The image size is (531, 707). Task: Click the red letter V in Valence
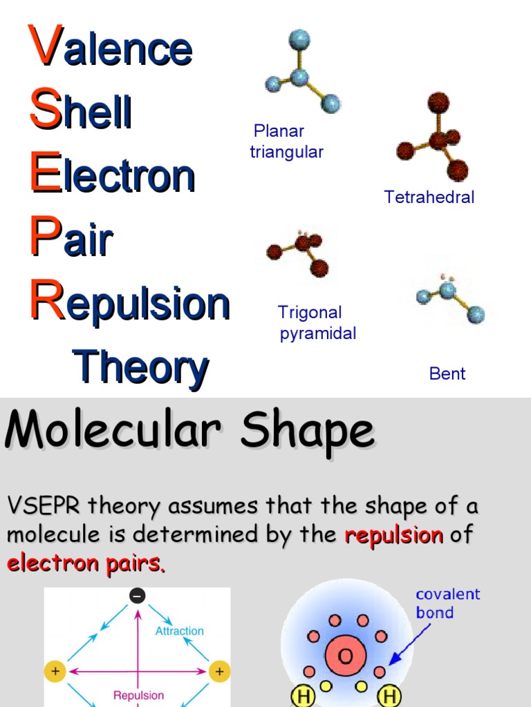pos(46,46)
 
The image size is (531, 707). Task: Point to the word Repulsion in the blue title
pos(130,304)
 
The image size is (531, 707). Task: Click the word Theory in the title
pos(140,367)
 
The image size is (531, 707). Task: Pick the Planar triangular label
pos(286,142)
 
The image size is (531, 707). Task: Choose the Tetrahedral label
pos(429,197)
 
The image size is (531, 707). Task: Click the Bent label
pos(447,374)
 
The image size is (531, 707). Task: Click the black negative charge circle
pos(138,596)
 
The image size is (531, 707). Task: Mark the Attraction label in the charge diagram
pos(179,631)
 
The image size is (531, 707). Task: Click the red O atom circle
pos(344,655)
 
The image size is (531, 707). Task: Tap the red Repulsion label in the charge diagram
pos(138,695)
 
